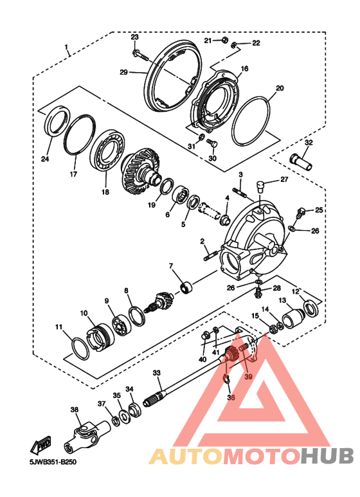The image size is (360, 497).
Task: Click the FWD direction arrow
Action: tap(40, 446)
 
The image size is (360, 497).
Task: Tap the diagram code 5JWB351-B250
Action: tap(53, 462)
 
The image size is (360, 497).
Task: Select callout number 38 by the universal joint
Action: tap(75, 410)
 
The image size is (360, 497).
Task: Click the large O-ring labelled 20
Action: tap(251, 121)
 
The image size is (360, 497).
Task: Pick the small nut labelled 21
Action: tap(223, 41)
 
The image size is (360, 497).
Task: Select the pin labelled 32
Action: tap(300, 161)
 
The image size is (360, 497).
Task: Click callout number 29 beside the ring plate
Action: tap(123, 72)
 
